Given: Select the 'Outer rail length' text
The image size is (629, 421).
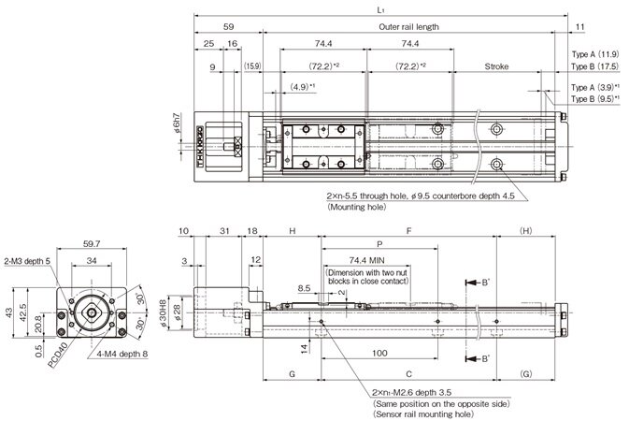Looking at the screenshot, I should coord(410,27).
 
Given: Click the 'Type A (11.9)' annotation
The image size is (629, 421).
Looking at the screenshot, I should coord(595,54).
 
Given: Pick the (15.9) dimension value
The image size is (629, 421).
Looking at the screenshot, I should coord(252,66).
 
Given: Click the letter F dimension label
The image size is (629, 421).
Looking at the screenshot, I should coord(407,230).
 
